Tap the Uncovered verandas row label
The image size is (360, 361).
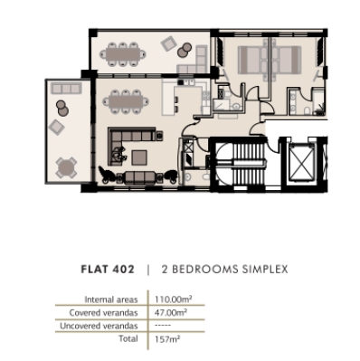click(101, 325)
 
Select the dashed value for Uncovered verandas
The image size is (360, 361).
click(163, 325)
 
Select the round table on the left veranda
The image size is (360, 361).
click(65, 166)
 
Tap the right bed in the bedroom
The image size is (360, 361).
click(283, 61)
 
